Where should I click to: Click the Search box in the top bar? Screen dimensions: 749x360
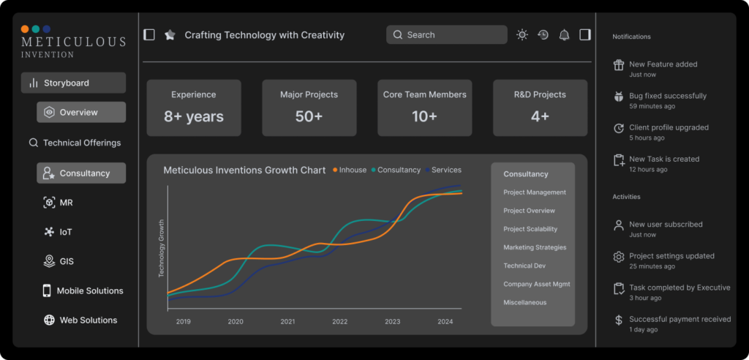(447, 35)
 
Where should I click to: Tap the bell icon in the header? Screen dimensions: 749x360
(564, 35)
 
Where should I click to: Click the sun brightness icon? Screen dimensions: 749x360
(522, 35)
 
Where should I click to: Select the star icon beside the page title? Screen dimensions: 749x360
(170, 35)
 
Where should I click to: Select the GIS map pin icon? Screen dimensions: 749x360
(49, 261)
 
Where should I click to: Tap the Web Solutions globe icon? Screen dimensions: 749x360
(49, 320)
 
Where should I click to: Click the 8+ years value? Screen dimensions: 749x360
(193, 116)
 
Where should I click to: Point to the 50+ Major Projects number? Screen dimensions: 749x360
(309, 116)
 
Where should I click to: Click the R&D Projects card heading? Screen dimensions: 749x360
(540, 94)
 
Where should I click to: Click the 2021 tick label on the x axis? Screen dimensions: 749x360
(287, 322)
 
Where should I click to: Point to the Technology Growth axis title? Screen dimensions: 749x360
(162, 248)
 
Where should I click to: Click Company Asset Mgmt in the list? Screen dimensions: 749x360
(536, 284)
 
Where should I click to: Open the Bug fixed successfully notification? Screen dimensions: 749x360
(667, 96)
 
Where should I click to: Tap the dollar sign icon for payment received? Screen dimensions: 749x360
(619, 320)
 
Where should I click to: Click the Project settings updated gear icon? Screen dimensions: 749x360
(619, 257)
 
